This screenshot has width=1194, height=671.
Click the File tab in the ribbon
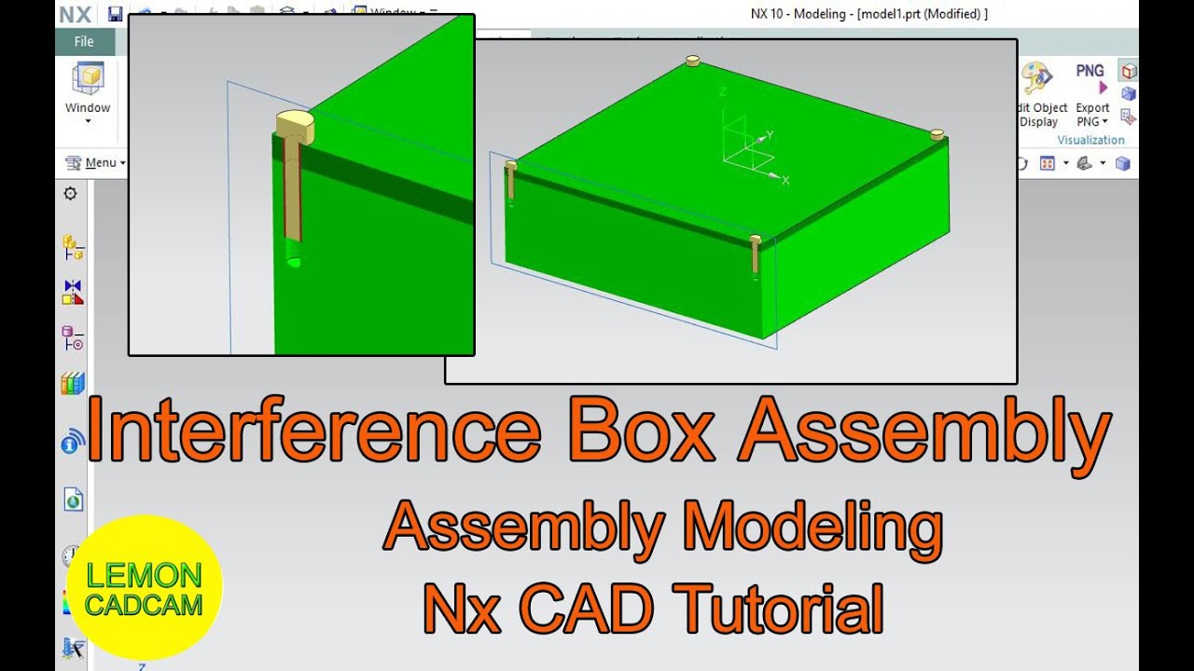(x=84, y=41)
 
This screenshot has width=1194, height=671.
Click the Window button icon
(x=88, y=81)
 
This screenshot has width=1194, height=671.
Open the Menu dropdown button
(x=95, y=163)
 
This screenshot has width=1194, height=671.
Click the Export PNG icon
(x=1090, y=79)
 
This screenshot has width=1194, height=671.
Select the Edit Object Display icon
(x=1035, y=79)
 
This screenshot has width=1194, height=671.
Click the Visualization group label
(x=1090, y=140)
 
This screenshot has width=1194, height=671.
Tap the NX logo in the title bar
(x=75, y=14)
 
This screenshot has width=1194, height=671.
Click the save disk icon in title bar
(x=115, y=14)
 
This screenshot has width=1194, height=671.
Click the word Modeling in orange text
(x=812, y=527)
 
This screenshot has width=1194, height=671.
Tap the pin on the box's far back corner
(x=692, y=61)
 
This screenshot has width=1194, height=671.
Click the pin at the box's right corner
(x=937, y=134)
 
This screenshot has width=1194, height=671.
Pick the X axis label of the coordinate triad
(x=785, y=180)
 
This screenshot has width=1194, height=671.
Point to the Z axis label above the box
(x=722, y=91)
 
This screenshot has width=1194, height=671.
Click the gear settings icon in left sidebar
(x=70, y=194)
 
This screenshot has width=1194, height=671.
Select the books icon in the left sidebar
(x=73, y=383)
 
